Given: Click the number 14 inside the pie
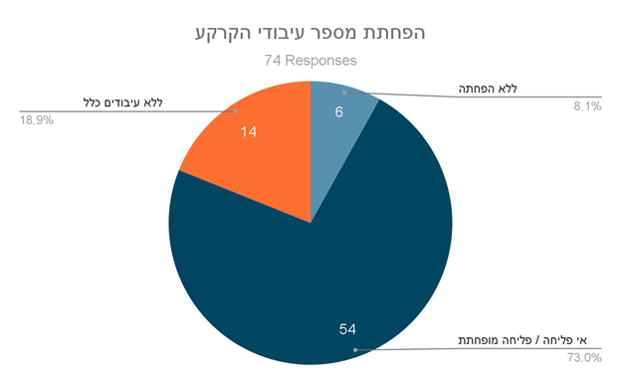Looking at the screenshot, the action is click(249, 132).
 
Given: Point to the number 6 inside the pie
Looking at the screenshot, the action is click(339, 112).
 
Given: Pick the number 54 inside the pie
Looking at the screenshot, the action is click(347, 329).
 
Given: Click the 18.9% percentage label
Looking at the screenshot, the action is click(37, 120).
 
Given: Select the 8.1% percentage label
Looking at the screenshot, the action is click(588, 106).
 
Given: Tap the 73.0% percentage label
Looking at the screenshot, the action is click(584, 358).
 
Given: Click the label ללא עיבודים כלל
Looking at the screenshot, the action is click(123, 102).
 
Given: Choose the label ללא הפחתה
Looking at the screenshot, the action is click(488, 89).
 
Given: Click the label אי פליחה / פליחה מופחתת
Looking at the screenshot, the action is click(522, 340).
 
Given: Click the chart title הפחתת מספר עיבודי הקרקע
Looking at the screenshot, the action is click(310, 33).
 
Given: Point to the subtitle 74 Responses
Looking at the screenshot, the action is click(310, 61).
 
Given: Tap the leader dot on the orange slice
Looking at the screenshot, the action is click(235, 111).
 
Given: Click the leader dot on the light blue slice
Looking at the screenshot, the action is click(344, 93).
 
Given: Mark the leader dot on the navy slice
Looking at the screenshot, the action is click(355, 350).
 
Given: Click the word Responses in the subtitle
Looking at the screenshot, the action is click(320, 61).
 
